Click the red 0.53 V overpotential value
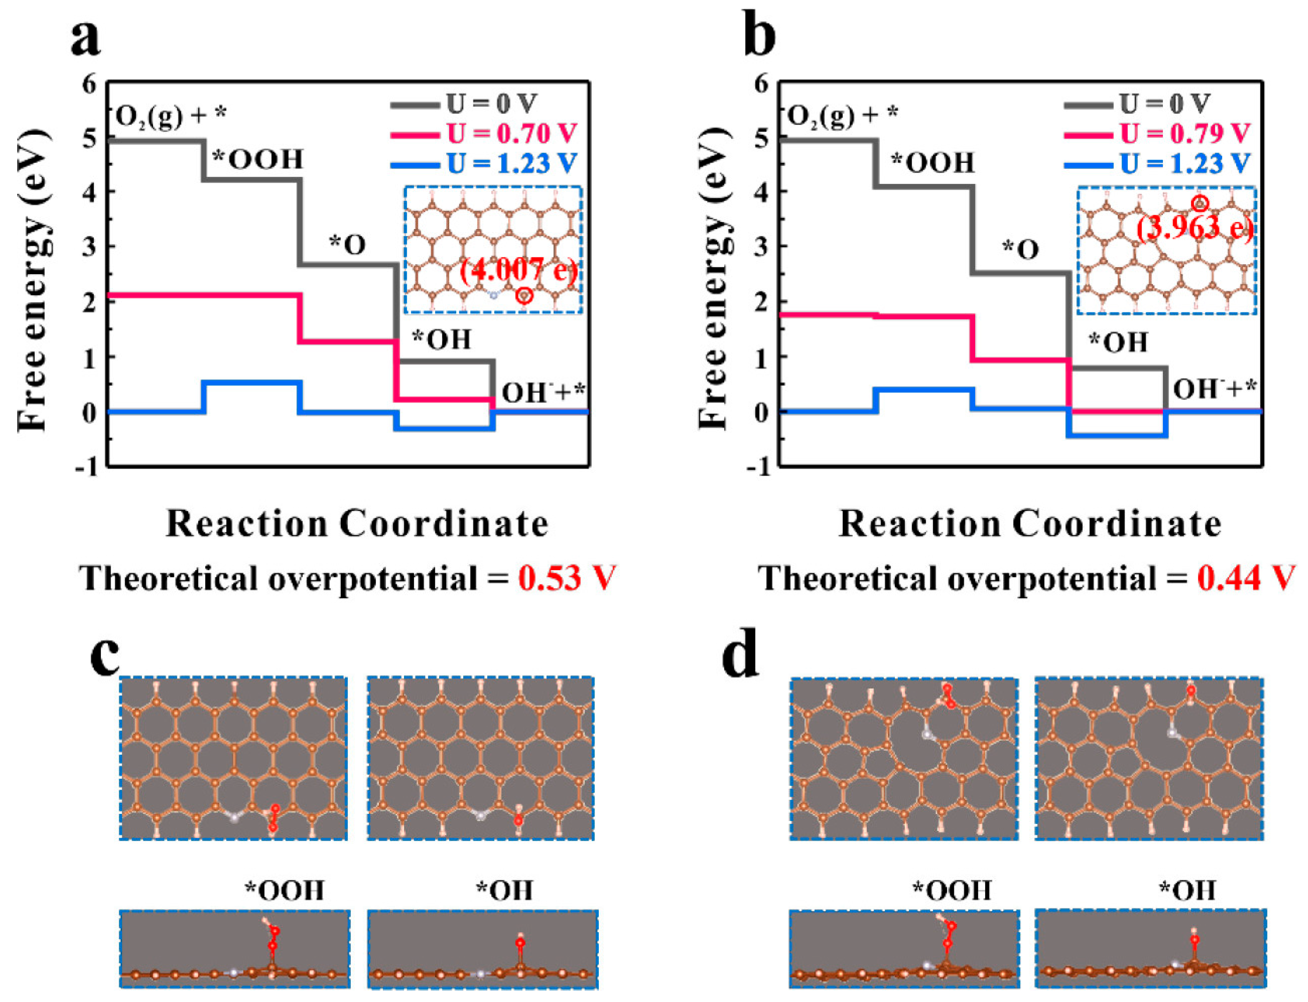pos(566,578)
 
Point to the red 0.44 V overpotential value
pos(1247,578)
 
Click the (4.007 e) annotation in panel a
pos(519,271)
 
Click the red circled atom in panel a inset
pos(524,295)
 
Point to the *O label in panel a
pos(347,245)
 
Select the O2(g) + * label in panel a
pos(171,116)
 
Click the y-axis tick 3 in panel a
pos(89,246)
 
